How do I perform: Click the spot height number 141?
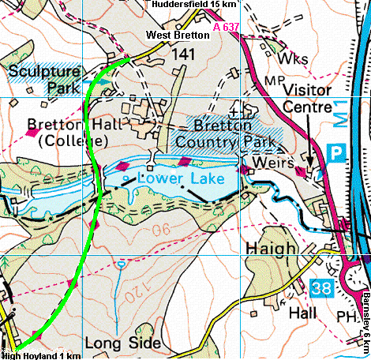click(x=182, y=54)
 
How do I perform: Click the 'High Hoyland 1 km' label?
click(x=41, y=355)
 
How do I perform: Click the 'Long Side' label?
click(x=122, y=343)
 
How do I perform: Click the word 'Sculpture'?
click(x=44, y=72)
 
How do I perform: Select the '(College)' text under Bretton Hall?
click(x=69, y=141)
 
